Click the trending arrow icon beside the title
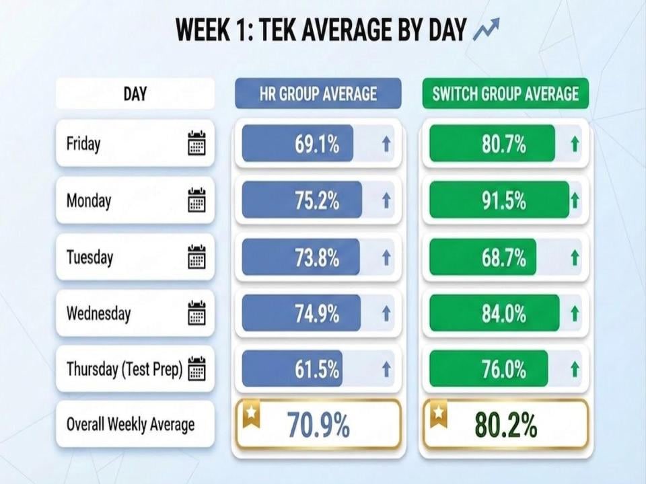point(486,30)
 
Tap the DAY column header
point(135,93)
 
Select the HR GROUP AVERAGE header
point(318,93)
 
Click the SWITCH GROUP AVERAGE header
point(505,93)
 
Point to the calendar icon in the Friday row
point(196,144)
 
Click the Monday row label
point(89,200)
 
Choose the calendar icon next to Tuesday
point(196,257)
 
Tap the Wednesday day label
point(98,313)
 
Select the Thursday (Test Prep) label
point(124,369)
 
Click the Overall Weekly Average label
point(130,425)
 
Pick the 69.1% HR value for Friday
point(316,144)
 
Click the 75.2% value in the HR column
point(316,200)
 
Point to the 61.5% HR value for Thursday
point(316,369)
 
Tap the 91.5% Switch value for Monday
point(503,200)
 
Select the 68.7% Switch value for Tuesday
point(503,257)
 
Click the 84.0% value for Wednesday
point(503,313)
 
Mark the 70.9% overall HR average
point(318,425)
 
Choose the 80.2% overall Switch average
point(505,425)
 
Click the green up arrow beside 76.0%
point(575,369)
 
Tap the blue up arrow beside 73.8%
point(386,257)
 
